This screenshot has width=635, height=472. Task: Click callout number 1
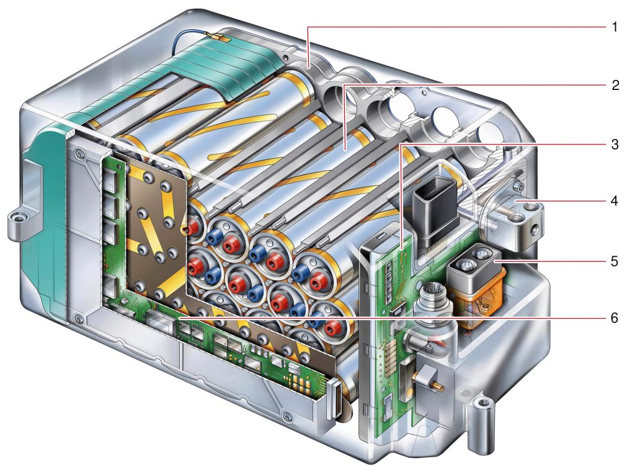click(x=613, y=27)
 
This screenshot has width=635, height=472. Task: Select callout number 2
click(x=613, y=85)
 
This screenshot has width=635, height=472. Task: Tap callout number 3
click(x=613, y=144)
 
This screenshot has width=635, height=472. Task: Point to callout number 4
click(x=613, y=201)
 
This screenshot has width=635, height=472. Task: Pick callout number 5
click(x=613, y=260)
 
